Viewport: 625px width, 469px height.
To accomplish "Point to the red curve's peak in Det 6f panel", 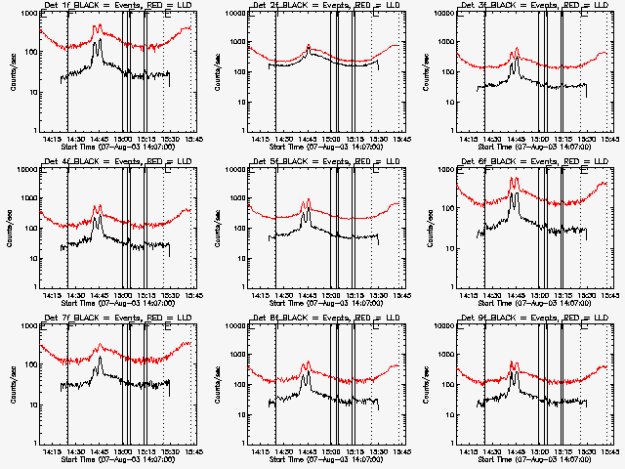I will pyautogui.click(x=514, y=178).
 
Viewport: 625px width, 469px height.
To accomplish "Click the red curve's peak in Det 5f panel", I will pyautogui.click(x=308, y=199).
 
